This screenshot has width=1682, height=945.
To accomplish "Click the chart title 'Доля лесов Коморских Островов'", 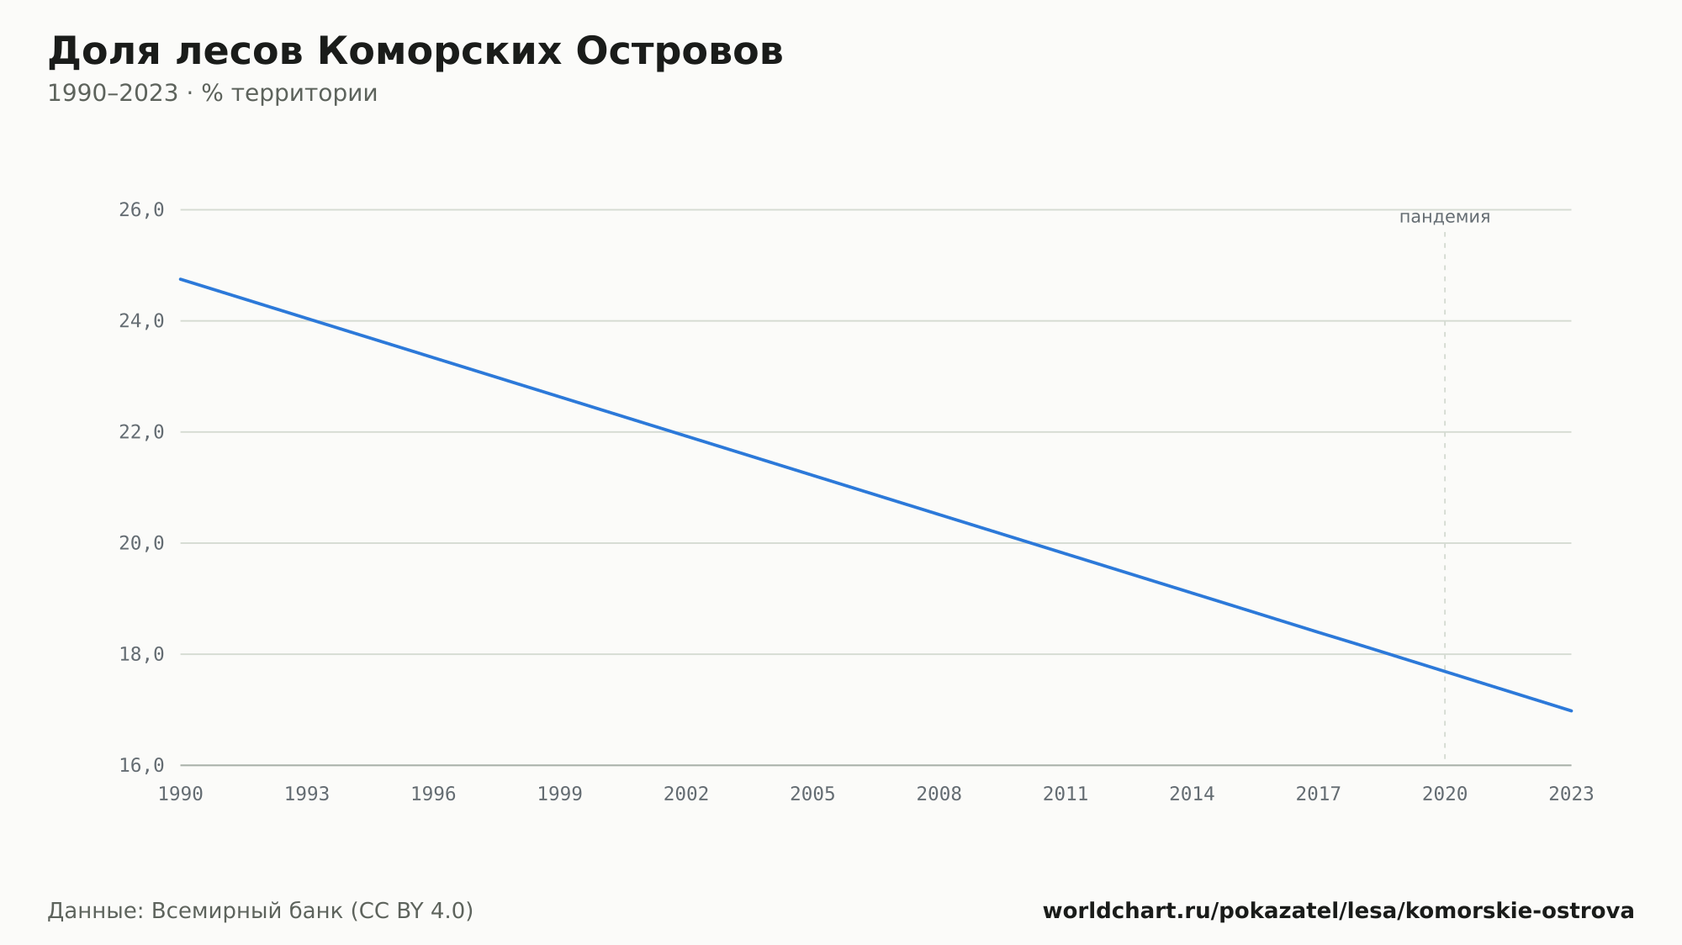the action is point(415,52).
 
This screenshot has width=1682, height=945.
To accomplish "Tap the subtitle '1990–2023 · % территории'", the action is point(213,93).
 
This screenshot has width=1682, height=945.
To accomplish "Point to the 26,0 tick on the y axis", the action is point(141,210).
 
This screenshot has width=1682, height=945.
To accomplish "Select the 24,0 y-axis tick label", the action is point(141,321).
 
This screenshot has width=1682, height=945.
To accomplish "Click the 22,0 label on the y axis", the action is point(141,432).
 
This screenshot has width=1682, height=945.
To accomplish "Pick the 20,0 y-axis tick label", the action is point(141,543).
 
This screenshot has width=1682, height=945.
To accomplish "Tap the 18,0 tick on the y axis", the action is point(141,654).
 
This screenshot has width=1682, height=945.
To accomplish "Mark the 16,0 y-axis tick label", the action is point(141,765).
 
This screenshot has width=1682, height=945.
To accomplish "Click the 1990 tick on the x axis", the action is point(181,795).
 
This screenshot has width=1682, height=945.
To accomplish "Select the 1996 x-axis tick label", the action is point(433,795).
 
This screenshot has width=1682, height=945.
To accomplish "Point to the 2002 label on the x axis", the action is point(686,795).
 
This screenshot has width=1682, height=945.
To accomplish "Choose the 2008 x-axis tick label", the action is point(939,795).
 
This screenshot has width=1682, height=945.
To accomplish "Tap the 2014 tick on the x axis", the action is point(1192,795).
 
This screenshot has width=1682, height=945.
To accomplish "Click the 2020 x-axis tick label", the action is point(1445,795).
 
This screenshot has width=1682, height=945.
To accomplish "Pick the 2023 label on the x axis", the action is point(1571,795).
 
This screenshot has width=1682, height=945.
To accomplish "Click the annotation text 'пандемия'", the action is point(1445,217).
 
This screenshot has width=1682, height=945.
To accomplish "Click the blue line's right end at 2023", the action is point(1571,710).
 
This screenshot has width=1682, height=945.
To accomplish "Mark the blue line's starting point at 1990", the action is point(181,279).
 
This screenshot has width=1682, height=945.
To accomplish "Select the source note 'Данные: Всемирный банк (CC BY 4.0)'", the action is point(261,911).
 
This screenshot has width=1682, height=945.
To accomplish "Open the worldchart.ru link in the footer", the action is point(1338,911).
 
